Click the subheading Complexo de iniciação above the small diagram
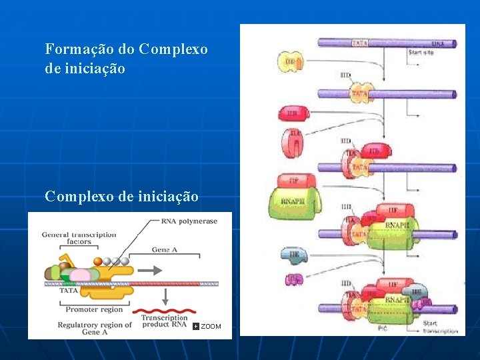121,197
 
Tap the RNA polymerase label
189,221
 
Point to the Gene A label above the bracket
165,249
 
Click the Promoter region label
93,309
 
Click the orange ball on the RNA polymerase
97,261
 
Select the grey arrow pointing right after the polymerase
151,271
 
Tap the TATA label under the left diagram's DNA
69,291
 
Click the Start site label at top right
421,52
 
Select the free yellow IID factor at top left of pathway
290,62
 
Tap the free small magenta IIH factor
294,279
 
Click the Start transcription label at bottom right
439,327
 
